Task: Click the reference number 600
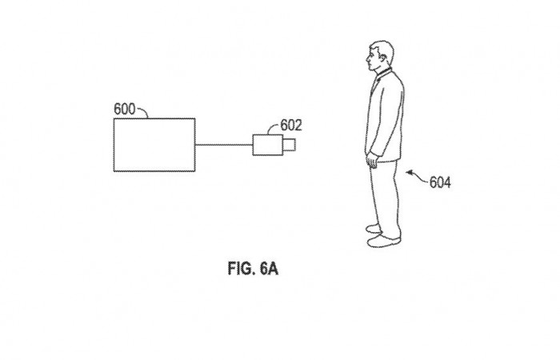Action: (x=126, y=108)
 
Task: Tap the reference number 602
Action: (x=291, y=125)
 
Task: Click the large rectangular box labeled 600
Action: (x=154, y=144)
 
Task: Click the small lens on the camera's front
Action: (x=291, y=145)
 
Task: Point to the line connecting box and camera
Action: (x=224, y=145)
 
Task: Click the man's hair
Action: (x=381, y=48)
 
